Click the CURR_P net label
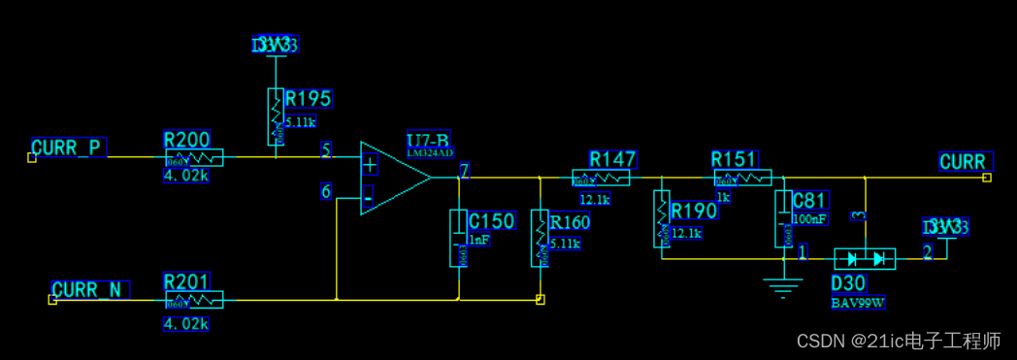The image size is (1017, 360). coord(67,147)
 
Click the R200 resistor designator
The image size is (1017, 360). coord(186,140)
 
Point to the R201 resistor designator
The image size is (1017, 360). coord(186,281)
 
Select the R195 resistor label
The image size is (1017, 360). coord(308,99)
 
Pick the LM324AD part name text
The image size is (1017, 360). coord(430,153)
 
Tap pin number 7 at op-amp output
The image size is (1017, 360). coord(464,172)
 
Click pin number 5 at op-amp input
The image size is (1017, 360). coord(326,151)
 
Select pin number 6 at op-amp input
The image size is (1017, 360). coord(326,191)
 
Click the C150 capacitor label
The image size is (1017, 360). coord(491,220)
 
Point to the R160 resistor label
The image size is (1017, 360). coord(570,222)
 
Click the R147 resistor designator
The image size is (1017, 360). coord(612,159)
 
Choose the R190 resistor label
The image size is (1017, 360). coord(694,212)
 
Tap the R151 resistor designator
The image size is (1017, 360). coord(734,159)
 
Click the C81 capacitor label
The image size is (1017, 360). coord(809,201)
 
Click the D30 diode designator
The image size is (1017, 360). coord(849,283)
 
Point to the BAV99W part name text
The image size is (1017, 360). coord(858,303)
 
